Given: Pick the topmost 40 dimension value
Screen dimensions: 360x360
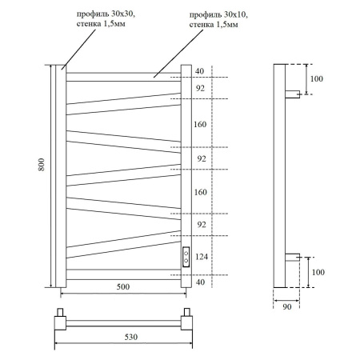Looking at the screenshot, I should (199, 71).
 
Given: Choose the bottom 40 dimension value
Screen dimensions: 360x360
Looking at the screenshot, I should (199, 282).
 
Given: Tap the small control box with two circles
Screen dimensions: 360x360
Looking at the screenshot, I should (186, 257).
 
